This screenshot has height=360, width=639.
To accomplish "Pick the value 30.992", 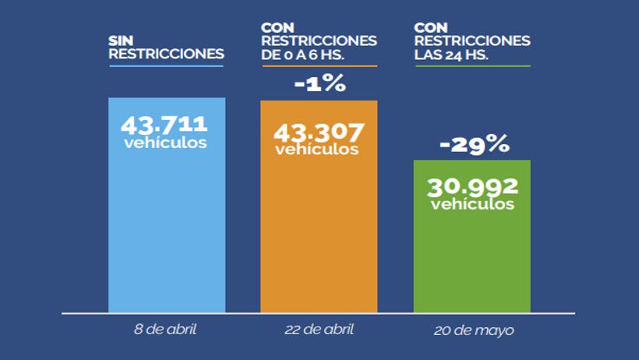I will [x=472, y=186].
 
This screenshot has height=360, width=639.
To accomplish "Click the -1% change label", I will [x=319, y=83].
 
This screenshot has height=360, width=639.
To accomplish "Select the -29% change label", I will [x=474, y=143].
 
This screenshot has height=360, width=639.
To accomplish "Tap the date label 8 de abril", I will [x=165, y=329].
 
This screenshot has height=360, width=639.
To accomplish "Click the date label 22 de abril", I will [x=318, y=329].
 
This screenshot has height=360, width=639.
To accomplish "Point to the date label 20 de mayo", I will [x=474, y=330].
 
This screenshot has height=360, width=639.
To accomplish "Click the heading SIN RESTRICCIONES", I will [x=166, y=47].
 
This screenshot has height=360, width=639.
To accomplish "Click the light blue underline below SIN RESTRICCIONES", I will [x=166, y=65].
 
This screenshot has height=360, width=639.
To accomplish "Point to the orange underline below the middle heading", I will [x=319, y=65].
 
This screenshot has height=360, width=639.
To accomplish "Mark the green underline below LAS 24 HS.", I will [x=472, y=65].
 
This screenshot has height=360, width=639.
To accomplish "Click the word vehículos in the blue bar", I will [x=165, y=143].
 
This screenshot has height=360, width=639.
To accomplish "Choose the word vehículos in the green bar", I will [x=472, y=205].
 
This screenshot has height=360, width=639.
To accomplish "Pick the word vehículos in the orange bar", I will [x=317, y=149].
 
